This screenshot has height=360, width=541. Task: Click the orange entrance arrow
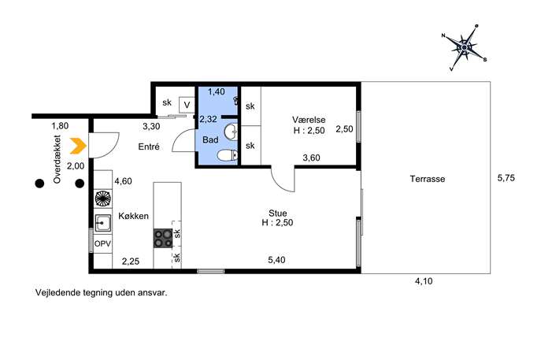coord(78,146)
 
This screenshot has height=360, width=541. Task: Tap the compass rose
coord(465,47)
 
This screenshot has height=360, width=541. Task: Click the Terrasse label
coord(428,179)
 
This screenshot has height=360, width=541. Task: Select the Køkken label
coord(134,216)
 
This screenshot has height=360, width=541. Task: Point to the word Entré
coord(149,147)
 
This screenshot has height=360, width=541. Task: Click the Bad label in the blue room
coord(210,139)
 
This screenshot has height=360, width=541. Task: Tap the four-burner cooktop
coord(163,238)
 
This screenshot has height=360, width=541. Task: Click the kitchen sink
coord(103,223)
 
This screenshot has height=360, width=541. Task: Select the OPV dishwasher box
coord(103,243)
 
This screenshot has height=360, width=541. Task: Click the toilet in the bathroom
coord(228,156)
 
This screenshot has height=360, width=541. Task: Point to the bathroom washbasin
coord(232,132)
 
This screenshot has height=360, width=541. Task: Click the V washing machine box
coord(187,105)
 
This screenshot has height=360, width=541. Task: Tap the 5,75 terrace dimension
coord(506,178)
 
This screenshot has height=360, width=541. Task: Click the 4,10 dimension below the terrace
coord(424,281)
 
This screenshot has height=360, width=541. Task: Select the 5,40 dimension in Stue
coord(276,259)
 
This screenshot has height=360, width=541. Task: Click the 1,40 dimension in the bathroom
coord(217,91)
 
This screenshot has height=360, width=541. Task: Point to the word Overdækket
coord(57,159)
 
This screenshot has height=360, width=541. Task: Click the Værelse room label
coord(309,120)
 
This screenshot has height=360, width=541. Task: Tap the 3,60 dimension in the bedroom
coord(311,158)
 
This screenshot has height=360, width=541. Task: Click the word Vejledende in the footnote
coord(57,293)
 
